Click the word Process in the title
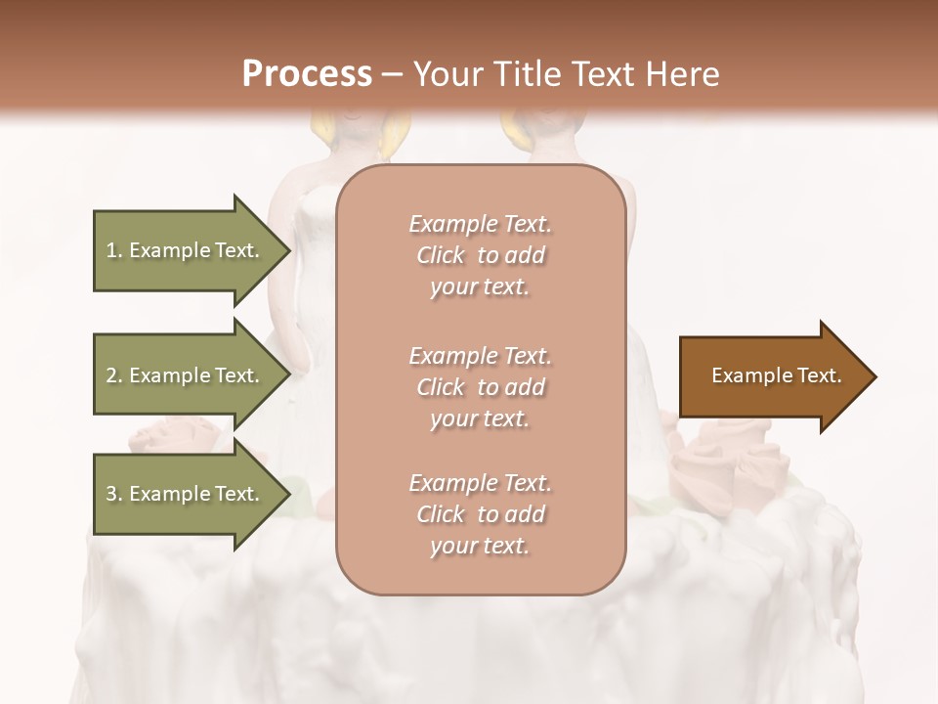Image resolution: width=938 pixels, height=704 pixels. click(307, 74)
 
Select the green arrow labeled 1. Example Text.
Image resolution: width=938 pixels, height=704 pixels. click(186, 250)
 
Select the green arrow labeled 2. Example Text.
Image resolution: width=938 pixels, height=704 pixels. click(186, 375)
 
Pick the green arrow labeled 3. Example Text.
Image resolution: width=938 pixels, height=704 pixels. click(186, 494)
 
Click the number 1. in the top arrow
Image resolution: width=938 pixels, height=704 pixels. click(114, 250)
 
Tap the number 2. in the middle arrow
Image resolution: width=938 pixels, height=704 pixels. click(114, 375)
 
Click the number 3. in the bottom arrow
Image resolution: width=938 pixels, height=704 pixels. click(114, 494)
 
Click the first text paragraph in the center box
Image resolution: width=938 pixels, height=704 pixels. click(481, 255)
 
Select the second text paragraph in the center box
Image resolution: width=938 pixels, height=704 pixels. click(481, 386)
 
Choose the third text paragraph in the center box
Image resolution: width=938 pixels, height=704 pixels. click(481, 514)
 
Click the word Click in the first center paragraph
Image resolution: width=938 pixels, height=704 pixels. click(440, 255)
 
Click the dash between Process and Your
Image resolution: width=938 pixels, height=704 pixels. click(393, 75)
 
